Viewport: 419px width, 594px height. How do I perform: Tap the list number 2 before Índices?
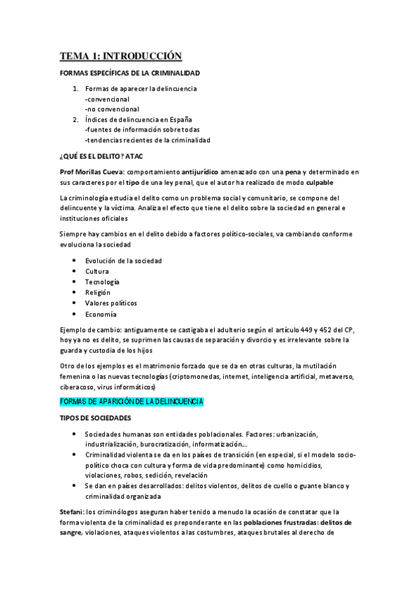click(x=75, y=120)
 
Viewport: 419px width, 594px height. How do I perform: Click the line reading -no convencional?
click(x=112, y=109)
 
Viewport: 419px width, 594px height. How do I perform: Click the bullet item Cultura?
click(x=97, y=271)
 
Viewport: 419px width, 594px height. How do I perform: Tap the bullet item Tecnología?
click(x=102, y=282)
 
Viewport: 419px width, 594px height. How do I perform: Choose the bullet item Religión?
click(x=98, y=292)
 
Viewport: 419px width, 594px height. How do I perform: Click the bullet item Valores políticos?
click(x=111, y=303)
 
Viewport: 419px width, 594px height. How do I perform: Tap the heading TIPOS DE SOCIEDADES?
click(x=96, y=418)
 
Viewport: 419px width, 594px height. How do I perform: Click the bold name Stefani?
click(x=71, y=513)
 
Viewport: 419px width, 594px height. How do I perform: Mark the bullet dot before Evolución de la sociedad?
click(x=75, y=261)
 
